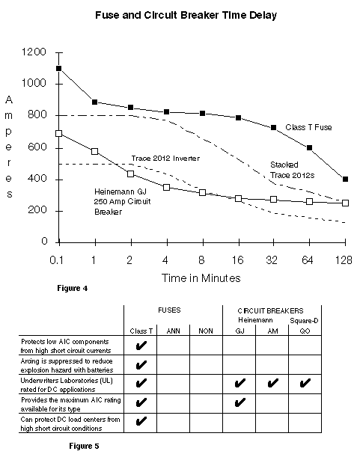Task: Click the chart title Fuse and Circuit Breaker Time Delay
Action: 186,15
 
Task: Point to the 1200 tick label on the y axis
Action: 34,52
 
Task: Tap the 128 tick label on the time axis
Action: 344,260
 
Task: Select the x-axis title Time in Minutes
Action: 201,277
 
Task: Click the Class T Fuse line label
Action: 308,127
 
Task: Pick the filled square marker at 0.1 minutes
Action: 58,68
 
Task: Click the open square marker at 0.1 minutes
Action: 58,133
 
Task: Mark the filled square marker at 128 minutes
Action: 345,179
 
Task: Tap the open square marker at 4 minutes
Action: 166,187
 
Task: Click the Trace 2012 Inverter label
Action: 165,159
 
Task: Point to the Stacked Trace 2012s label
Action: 292,170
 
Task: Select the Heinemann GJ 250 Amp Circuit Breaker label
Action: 123,201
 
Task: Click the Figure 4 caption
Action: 73,289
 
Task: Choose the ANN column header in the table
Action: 173,331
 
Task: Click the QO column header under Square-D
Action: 305,331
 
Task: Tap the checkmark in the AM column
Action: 272,383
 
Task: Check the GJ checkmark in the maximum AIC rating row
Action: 240,402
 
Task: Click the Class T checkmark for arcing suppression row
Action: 141,365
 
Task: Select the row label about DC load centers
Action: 70,424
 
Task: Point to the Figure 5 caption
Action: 85,447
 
